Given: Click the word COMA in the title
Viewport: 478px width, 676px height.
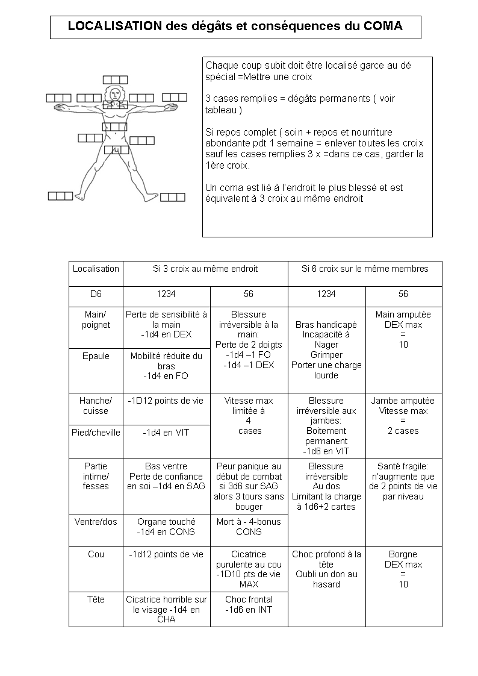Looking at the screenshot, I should point(383,27).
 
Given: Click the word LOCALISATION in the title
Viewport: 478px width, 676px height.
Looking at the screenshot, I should point(114,27).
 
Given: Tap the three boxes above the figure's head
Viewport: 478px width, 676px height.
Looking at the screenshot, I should point(115,80).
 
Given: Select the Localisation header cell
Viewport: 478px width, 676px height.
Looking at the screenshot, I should point(96,269).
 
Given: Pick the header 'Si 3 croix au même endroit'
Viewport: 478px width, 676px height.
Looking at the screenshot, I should point(205,269).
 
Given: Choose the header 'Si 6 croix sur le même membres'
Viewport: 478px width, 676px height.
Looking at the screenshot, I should point(365,269).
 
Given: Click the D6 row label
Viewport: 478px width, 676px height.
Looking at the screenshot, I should point(96,294).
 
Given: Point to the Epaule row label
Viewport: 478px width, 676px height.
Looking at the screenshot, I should point(96,356).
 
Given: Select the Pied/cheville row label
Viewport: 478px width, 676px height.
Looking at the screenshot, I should point(96,433).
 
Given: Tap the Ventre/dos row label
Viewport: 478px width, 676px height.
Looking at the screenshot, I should point(96,522).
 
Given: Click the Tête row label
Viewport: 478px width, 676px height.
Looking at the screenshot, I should point(96,599).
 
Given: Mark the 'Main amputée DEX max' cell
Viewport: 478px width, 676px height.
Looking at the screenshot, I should point(403,330).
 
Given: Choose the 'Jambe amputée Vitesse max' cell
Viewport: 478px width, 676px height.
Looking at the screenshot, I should point(403,416).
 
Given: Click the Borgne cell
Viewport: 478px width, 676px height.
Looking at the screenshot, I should point(403,569).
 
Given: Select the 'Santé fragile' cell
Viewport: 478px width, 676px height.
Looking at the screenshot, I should point(403,481).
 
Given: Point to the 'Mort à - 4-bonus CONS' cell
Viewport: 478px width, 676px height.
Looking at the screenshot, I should point(249,527).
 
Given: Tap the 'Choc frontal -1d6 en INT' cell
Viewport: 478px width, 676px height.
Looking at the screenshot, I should point(249,604).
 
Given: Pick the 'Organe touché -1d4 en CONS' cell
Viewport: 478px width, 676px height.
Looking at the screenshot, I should point(167,527).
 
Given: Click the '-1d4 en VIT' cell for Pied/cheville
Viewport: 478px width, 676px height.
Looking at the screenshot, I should point(167,433).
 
